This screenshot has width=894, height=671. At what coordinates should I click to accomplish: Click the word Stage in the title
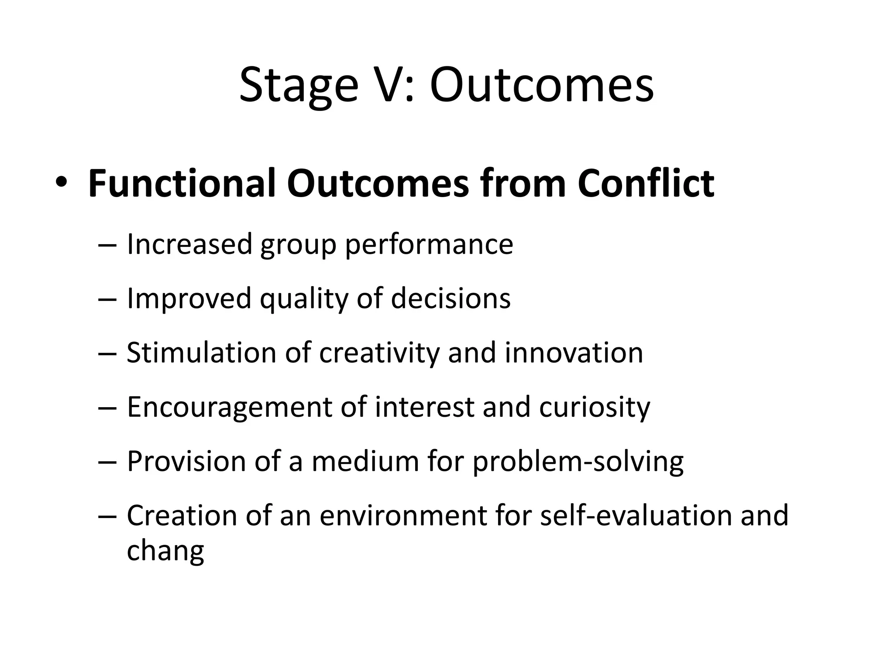tap(299, 86)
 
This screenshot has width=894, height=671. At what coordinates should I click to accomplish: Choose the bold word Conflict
tap(646, 183)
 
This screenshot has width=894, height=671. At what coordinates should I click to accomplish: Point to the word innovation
tap(574, 353)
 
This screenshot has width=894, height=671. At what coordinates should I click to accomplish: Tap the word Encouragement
tap(229, 408)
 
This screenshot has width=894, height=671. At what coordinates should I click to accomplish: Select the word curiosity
tap(595, 408)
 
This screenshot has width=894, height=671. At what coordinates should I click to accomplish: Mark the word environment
tap(403, 515)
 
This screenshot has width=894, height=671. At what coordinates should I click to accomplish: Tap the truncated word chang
tap(165, 551)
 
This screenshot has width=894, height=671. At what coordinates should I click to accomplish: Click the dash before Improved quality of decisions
tap(107, 300)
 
